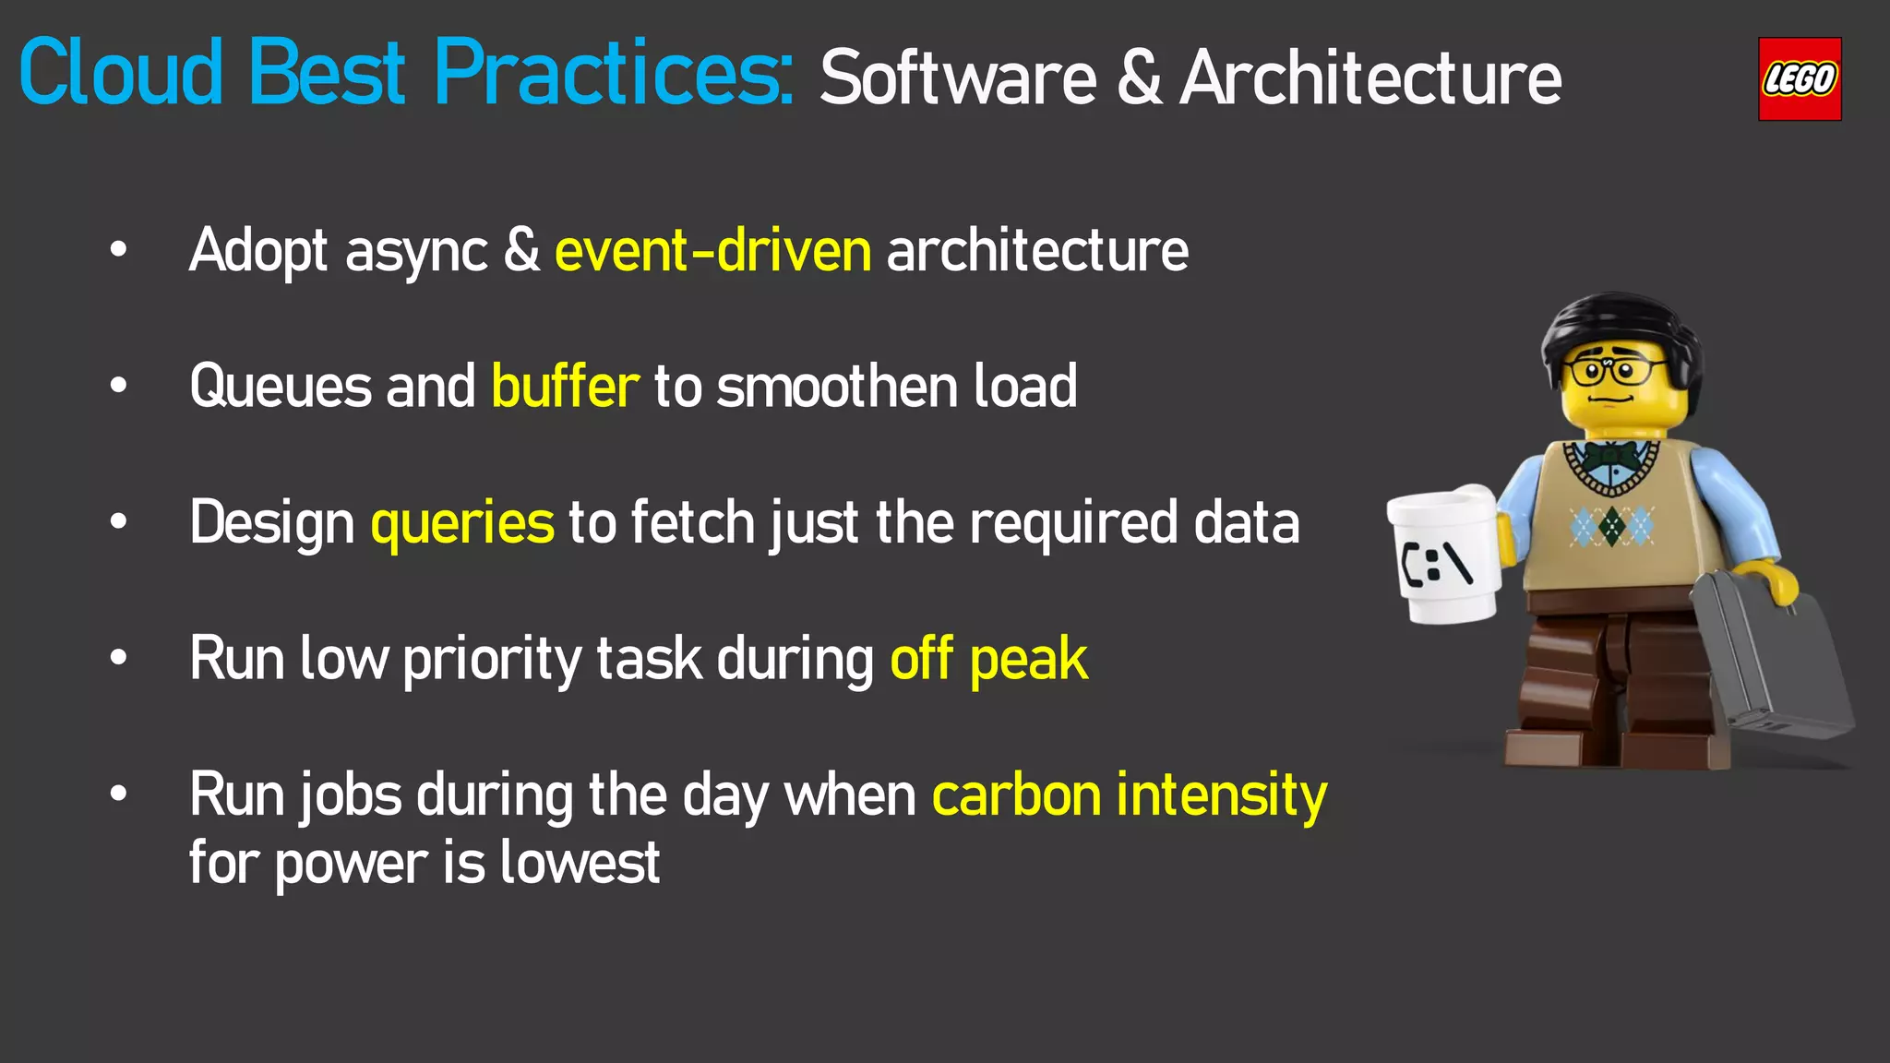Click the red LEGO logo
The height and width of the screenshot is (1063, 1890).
pos(1799,79)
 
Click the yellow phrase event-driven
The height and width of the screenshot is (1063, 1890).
pos(712,251)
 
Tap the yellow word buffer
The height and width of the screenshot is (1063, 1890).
pos(565,386)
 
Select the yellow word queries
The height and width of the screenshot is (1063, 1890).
pos(462,523)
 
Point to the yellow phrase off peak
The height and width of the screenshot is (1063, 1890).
pos(988,659)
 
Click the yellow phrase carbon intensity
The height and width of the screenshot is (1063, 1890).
pos(1129,795)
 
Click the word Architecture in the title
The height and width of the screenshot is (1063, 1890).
pos(1370,79)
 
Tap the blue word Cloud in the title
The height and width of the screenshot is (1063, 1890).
pos(121,73)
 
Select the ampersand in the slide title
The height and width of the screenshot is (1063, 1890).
pos(1140,79)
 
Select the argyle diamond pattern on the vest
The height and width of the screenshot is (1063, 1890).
pos(1611,526)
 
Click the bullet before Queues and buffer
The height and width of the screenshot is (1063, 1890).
pos(118,386)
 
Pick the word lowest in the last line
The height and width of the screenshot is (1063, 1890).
pos(580,863)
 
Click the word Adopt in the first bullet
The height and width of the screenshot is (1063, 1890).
pos(258,251)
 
